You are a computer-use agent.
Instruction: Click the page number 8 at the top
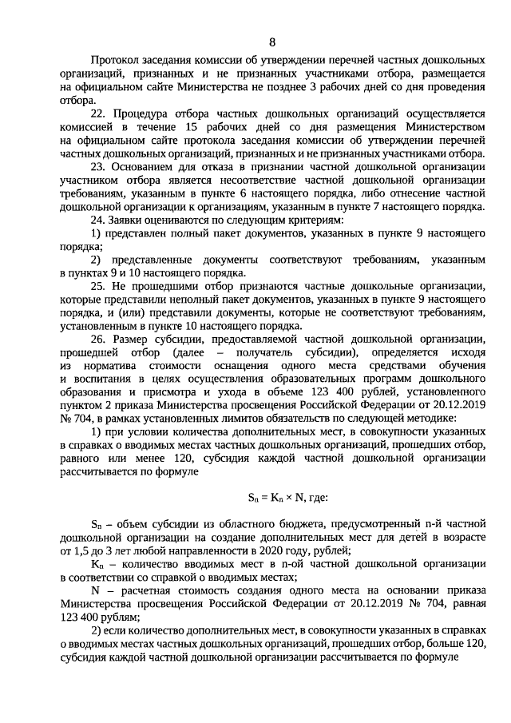[272, 42]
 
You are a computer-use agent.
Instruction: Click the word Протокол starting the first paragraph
[116, 61]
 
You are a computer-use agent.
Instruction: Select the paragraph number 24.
[98, 219]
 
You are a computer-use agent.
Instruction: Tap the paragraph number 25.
[98, 285]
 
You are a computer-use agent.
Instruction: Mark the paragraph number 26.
[98, 339]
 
